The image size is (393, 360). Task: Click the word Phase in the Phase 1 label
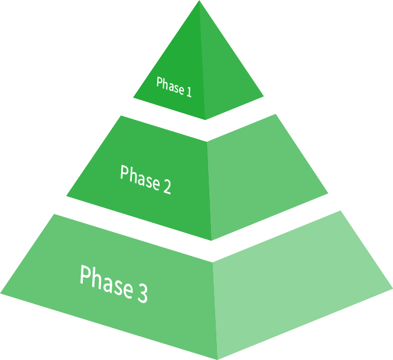tap(170, 86)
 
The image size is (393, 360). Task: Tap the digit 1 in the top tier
tap(189, 92)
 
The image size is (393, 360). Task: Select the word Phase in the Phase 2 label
tap(139, 178)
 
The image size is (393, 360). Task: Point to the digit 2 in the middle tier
tap(166, 187)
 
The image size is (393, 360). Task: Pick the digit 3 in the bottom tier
tap(141, 292)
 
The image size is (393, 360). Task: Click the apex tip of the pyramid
tap(199, 2)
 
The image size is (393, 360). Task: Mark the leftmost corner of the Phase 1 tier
tap(134, 98)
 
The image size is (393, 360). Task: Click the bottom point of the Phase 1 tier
tap(205, 119)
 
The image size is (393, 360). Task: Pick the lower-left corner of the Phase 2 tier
tap(67, 195)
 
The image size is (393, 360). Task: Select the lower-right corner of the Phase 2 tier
tap(327, 193)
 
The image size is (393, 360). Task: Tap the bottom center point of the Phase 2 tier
tap(211, 240)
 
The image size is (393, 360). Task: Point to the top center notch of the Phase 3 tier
tap(212, 261)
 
